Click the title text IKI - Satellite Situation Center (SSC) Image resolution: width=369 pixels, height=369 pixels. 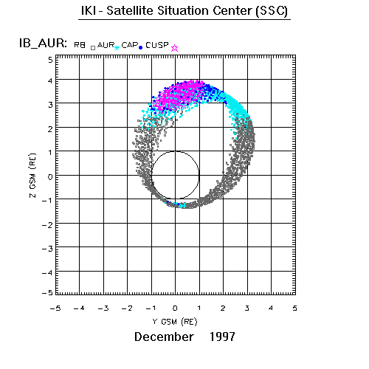pyautogui.click(x=184, y=11)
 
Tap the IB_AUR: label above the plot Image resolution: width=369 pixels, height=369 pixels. pyautogui.click(x=43, y=44)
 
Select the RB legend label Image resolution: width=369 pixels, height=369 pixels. pyautogui.click(x=80, y=45)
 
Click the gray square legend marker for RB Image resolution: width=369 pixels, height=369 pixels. pyautogui.click(x=93, y=48)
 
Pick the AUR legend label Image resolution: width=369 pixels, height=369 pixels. pyautogui.click(x=106, y=45)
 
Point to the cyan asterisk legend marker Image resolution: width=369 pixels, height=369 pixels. pyautogui.click(x=117, y=47)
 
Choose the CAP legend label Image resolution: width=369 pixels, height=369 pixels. pyautogui.click(x=130, y=45)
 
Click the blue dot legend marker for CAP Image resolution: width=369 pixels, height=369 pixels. pyautogui.click(x=141, y=48)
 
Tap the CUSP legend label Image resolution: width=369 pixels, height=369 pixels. pyautogui.click(x=157, y=45)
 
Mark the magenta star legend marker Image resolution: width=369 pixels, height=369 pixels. pyautogui.click(x=174, y=48)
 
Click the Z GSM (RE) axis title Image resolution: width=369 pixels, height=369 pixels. pyautogui.click(x=32, y=176)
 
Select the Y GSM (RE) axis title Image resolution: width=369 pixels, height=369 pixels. pyautogui.click(x=175, y=322)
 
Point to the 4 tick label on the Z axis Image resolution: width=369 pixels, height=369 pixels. pyautogui.click(x=50, y=80)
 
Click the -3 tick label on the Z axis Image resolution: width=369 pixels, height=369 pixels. pyautogui.click(x=47, y=249)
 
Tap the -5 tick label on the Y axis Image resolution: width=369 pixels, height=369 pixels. pyautogui.click(x=55, y=308)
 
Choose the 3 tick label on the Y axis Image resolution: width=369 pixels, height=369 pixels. pyautogui.click(x=246, y=308)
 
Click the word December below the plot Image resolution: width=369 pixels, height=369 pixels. pyautogui.click(x=164, y=337)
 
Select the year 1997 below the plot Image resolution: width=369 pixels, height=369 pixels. pyautogui.click(x=222, y=337)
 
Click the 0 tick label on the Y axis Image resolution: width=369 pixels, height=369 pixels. pyautogui.click(x=175, y=308)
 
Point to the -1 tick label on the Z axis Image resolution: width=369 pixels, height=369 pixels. pyautogui.click(x=47, y=201)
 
